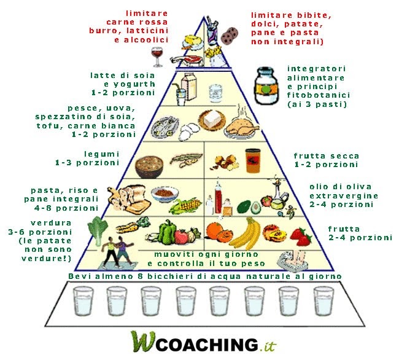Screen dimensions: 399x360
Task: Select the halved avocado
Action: click(x=243, y=207)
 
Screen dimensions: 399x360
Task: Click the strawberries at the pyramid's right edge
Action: click(x=301, y=235)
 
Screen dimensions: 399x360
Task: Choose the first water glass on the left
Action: click(x=82, y=303)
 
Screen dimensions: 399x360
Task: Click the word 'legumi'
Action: click(x=101, y=154)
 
